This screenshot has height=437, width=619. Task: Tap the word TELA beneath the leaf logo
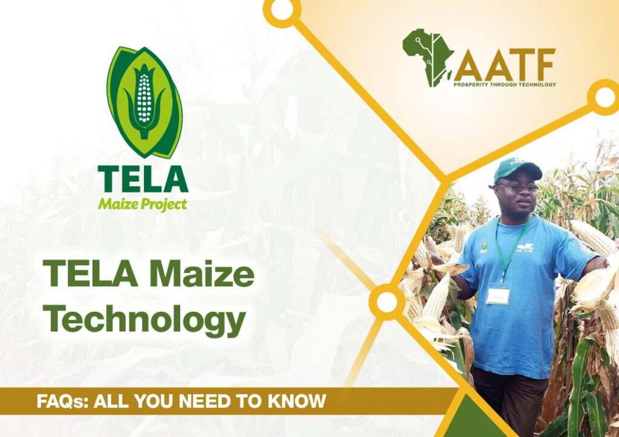point(143,179)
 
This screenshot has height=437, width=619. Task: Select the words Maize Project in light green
point(143,204)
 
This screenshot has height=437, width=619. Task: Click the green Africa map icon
point(429,57)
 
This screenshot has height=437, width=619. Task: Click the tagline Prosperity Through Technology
point(505,84)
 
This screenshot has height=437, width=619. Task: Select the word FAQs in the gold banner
point(62,401)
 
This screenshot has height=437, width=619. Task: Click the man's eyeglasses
point(518,188)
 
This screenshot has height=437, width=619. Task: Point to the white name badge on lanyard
point(498,295)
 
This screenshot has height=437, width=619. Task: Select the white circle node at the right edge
point(604,97)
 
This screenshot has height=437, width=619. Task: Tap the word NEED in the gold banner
point(207,401)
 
